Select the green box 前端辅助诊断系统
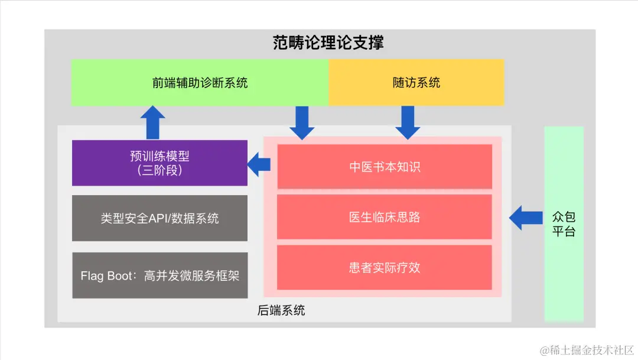[x=200, y=83]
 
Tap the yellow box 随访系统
[x=416, y=83]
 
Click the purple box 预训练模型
[x=159, y=163]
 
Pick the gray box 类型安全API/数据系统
[x=159, y=218]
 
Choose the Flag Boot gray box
[x=159, y=275]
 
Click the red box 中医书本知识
[x=384, y=167]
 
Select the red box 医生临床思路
[x=384, y=217]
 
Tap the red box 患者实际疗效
[x=384, y=268]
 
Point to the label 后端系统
[x=282, y=310]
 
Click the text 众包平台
[x=564, y=223]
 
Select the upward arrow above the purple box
[x=153, y=122]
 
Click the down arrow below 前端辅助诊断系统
[x=302, y=122]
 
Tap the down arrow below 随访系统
[x=408, y=122]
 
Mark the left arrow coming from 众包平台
[x=526, y=218]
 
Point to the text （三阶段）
[x=159, y=171]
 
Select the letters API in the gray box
[x=159, y=218]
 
